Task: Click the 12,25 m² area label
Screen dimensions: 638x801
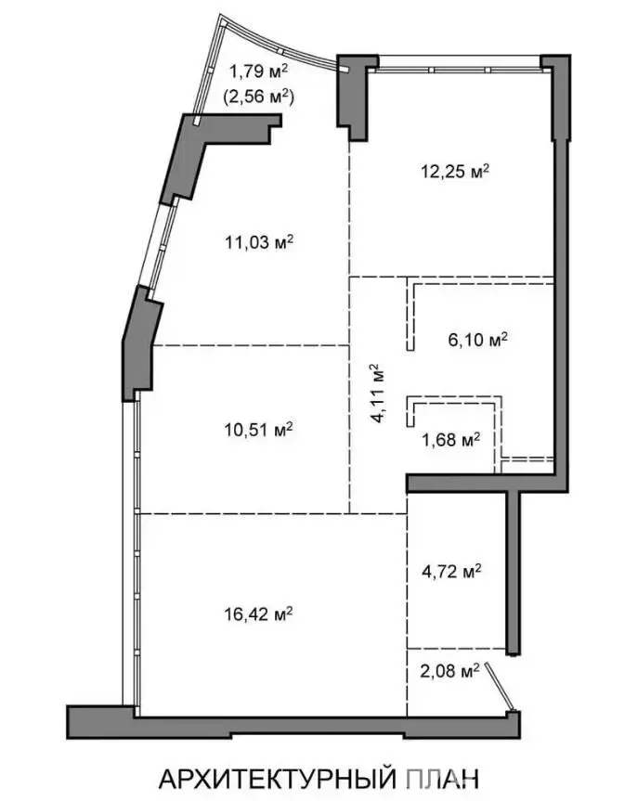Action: pyautogui.click(x=455, y=171)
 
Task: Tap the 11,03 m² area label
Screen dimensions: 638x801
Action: pyautogui.click(x=259, y=241)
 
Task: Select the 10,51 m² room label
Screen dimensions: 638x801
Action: pyautogui.click(x=258, y=429)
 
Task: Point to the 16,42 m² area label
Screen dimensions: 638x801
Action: pyautogui.click(x=258, y=613)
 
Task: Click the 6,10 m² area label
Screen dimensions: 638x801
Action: pyautogui.click(x=477, y=339)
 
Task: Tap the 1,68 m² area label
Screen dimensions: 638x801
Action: pyautogui.click(x=450, y=439)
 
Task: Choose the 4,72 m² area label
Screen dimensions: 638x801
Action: pyautogui.click(x=451, y=571)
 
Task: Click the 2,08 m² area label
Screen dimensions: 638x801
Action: pyautogui.click(x=449, y=670)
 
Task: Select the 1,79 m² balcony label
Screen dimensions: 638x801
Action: pyautogui.click(x=258, y=71)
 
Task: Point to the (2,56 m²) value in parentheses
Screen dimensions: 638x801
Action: pyautogui.click(x=258, y=96)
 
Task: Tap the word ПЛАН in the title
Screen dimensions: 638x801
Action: pyautogui.click(x=443, y=779)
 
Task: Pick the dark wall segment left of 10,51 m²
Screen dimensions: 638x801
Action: pyautogui.click(x=140, y=345)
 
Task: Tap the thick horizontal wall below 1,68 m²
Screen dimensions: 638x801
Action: pyautogui.click(x=487, y=484)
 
